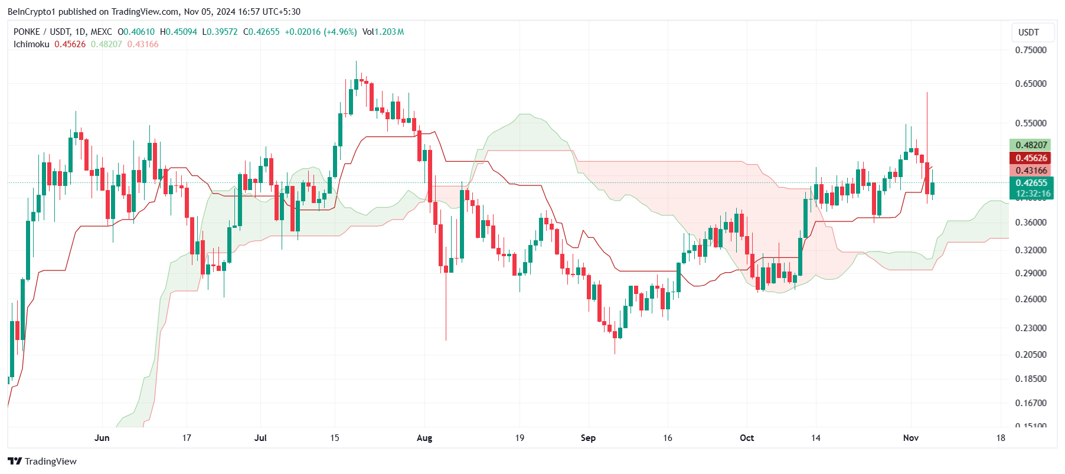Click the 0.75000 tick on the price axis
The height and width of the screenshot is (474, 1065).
[x=1030, y=50]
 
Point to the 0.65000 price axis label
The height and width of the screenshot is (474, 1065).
[x=1030, y=84]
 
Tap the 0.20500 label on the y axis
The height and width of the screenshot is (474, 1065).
[x=1030, y=355]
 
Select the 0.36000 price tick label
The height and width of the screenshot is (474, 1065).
[x=1030, y=223]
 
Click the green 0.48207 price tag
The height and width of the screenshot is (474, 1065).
[x=1031, y=145]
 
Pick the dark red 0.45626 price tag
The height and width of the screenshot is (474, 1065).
[x=1031, y=158]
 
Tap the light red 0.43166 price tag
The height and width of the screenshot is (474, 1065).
[x=1031, y=171]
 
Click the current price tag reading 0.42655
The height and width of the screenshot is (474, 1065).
[x=1031, y=183]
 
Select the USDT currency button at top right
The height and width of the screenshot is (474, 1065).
[x=1028, y=32]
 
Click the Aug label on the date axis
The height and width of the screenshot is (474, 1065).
[x=424, y=438]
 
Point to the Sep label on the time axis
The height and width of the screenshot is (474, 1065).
[x=588, y=438]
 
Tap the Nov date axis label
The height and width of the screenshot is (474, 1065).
[x=911, y=438]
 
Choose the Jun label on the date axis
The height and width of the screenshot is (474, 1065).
[x=102, y=438]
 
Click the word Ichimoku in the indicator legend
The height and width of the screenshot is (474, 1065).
[x=31, y=44]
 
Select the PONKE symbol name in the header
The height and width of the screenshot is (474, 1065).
[x=27, y=32]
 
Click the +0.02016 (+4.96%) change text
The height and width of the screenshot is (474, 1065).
[x=321, y=32]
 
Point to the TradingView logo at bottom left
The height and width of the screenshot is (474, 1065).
[x=43, y=461]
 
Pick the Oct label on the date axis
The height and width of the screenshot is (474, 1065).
[x=747, y=438]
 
